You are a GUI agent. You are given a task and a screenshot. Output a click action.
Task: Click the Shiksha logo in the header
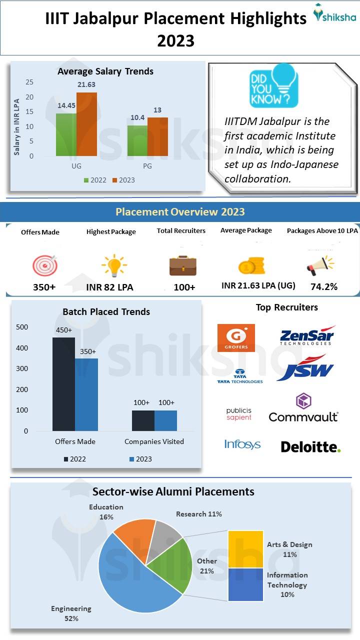tap(334, 14)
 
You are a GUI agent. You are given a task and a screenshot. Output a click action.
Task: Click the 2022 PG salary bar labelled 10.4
tap(137, 140)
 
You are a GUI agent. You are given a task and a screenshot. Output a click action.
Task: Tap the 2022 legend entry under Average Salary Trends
tap(95, 180)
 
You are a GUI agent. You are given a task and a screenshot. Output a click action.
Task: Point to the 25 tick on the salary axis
tap(29, 82)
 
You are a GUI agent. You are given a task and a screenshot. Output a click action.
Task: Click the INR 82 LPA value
tap(110, 287)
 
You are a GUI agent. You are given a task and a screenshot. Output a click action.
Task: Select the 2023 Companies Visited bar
tap(165, 420)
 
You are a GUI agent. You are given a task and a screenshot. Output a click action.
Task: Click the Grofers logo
tap(236, 338)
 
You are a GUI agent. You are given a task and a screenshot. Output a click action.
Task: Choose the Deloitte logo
tap(310, 446)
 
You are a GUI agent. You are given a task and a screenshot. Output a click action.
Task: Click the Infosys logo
tap(242, 444)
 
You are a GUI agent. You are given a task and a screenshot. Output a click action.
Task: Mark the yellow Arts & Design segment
tap(245, 549)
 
